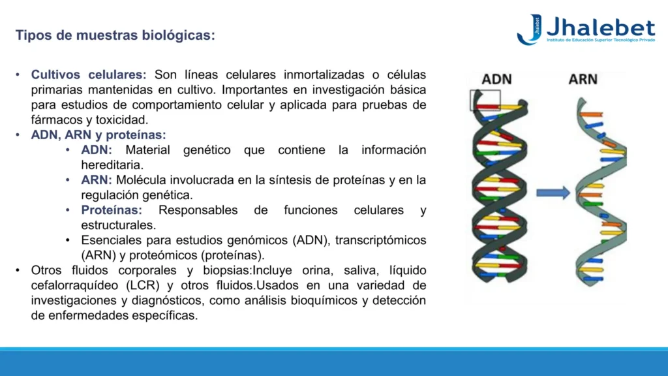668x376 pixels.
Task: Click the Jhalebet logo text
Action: point(601,27)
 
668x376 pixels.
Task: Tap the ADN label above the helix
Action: point(496,79)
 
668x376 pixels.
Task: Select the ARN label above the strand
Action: point(583,79)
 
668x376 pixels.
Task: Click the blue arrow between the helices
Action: point(553,193)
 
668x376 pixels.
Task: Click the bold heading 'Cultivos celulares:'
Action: point(89,74)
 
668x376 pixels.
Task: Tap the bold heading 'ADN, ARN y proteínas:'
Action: point(99,134)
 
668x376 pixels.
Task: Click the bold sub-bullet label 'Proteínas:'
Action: point(112,210)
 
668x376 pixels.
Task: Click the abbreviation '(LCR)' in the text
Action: point(143,285)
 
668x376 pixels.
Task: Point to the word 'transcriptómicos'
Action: point(380,240)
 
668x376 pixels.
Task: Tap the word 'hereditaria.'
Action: point(112,165)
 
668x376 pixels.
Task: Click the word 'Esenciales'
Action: point(112,240)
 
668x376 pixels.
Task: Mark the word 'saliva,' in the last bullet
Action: point(360,270)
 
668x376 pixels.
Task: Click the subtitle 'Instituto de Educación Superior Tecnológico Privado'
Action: point(601,40)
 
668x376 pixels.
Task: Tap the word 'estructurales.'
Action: point(119,225)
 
